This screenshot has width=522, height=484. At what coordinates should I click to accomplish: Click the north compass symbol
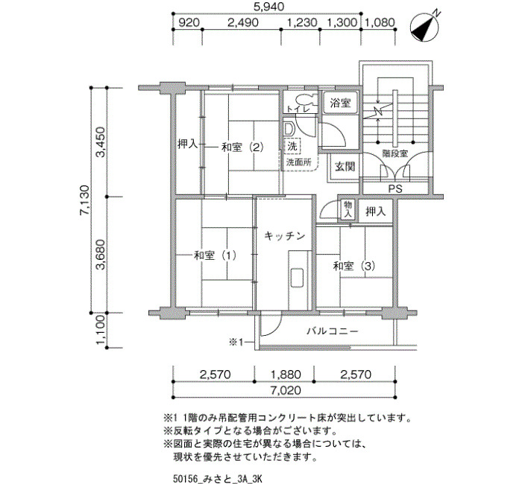pyautogui.click(x=424, y=28)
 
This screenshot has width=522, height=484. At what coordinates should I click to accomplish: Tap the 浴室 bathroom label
pyautogui.click(x=340, y=103)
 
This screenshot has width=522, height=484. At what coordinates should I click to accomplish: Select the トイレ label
pyautogui.click(x=298, y=109)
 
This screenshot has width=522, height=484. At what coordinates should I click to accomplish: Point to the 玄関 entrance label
pyautogui.click(x=345, y=166)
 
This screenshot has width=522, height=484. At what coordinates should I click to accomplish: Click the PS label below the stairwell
pyautogui.click(x=395, y=189)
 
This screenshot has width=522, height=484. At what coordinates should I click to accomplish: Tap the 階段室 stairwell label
pyautogui.click(x=394, y=153)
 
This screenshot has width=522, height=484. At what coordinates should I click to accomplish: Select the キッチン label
pyautogui.click(x=285, y=236)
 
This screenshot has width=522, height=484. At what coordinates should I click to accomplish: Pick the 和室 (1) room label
pyautogui.click(x=215, y=255)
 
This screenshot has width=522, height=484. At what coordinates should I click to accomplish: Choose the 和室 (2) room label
pyautogui.click(x=242, y=147)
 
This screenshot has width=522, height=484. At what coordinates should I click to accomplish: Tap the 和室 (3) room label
pyautogui.click(x=354, y=266)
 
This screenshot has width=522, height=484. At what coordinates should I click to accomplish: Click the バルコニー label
pyautogui.click(x=333, y=331)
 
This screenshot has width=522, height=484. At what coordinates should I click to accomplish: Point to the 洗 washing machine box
pyautogui.click(x=292, y=146)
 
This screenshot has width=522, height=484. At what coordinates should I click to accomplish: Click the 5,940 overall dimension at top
pyautogui.click(x=268, y=7)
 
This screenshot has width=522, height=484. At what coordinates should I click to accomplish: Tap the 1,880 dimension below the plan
pyautogui.click(x=286, y=375)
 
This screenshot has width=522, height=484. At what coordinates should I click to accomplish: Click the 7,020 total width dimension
pyautogui.click(x=286, y=390)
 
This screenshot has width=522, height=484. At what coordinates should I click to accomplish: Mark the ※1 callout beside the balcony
pyautogui.click(x=237, y=342)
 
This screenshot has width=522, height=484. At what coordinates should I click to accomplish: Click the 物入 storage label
pyautogui.click(x=348, y=209)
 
